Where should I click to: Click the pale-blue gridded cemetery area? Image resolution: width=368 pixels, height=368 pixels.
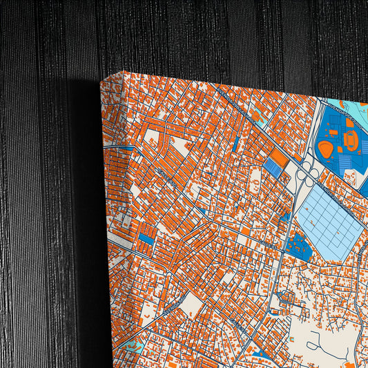click(x=329, y=222)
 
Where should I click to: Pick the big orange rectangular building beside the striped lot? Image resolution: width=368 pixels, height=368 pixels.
click(x=280, y=159)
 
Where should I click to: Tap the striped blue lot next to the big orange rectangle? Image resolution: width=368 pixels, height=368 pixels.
click(x=272, y=168)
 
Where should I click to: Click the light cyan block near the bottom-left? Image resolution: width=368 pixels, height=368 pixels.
click(x=134, y=345)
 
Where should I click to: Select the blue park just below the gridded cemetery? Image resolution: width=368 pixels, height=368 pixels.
click(x=298, y=245)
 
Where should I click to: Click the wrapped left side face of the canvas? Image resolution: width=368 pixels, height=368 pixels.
click(x=111, y=228)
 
